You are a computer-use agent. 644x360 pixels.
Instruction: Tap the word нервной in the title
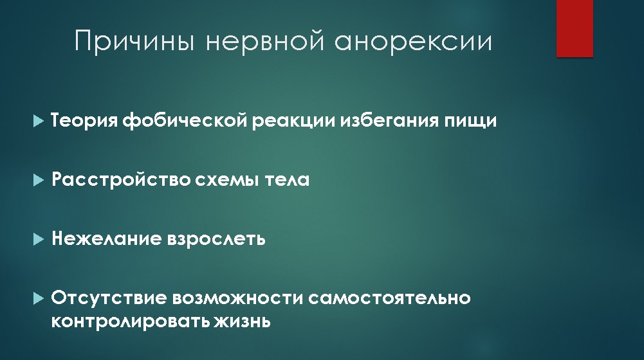(265, 41)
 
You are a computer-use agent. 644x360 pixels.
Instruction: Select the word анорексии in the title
(413, 41)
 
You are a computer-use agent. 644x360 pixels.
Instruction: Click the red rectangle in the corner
(575, 28)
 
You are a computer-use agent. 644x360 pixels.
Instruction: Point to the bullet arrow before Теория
(38, 121)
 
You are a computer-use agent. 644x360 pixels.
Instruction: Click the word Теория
(84, 121)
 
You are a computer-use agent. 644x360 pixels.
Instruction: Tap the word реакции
(293, 122)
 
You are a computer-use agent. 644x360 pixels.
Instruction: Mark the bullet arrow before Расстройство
(38, 180)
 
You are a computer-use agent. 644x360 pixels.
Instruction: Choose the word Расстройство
(121, 180)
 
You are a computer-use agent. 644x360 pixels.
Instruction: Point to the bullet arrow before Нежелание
(38, 239)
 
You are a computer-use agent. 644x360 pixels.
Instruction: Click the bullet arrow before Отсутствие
(38, 298)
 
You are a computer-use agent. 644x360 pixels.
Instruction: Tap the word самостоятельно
(389, 298)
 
